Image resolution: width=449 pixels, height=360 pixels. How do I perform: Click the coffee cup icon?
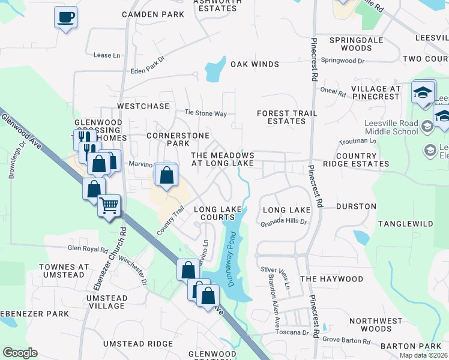tap(65, 17)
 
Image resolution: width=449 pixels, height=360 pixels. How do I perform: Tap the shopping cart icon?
tap(109, 205)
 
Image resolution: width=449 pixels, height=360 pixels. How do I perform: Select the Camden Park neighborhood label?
tap(152, 14)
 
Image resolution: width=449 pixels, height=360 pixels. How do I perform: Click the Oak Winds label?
tap(255, 64)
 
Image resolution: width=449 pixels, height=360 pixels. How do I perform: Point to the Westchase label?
tap(143, 106)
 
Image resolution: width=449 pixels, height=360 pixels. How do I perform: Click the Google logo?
tap(20, 353)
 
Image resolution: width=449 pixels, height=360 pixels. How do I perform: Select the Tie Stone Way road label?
tap(205, 113)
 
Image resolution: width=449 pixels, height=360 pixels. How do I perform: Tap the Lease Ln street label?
tap(103, 55)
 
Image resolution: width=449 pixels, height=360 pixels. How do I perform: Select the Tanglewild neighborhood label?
tap(405, 223)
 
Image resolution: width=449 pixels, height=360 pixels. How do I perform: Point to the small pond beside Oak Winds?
tap(214, 71)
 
